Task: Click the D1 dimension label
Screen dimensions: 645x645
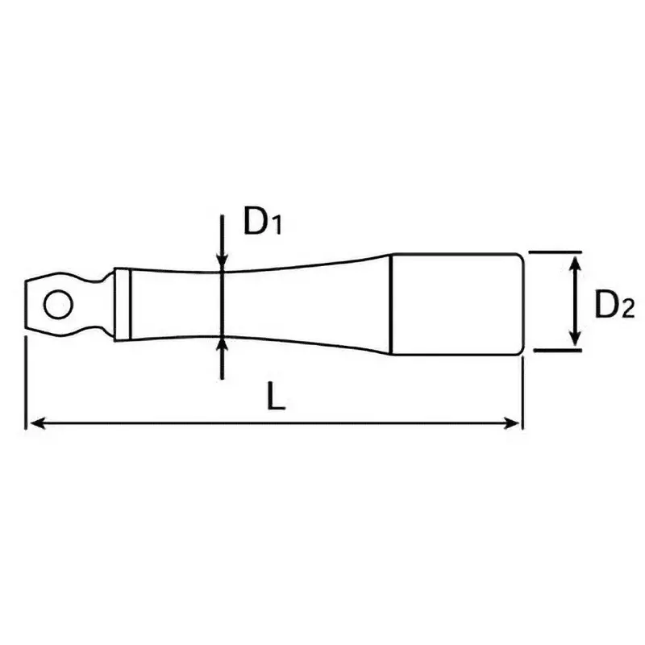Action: point(261,223)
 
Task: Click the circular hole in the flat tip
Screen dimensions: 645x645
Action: point(56,305)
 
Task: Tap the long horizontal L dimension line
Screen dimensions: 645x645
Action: point(274,422)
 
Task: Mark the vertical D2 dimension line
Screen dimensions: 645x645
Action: point(574,302)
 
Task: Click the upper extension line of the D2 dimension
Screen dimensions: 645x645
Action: point(556,252)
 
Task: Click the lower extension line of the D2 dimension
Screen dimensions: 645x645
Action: point(556,351)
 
